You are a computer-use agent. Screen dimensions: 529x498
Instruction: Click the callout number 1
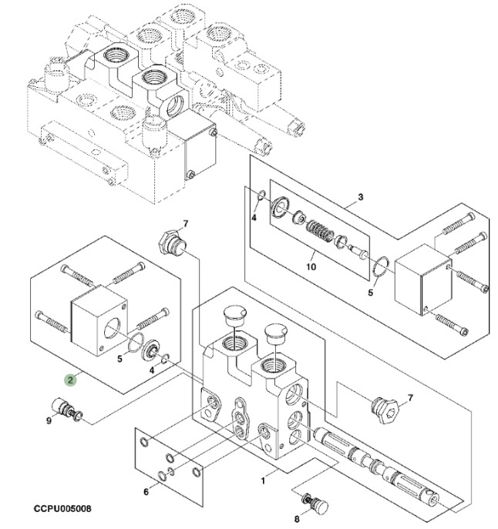[x=263, y=480]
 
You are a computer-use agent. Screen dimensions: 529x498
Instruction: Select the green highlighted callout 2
[x=69, y=378]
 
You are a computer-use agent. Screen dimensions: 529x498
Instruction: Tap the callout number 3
[x=360, y=197]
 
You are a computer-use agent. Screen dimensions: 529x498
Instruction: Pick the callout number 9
[x=49, y=420]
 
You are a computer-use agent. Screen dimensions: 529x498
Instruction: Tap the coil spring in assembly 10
[x=318, y=229]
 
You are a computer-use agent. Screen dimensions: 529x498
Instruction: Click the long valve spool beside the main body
[x=378, y=463]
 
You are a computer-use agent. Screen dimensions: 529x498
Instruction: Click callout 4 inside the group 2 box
[x=151, y=370]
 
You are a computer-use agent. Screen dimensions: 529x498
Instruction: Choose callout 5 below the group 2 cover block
[x=119, y=358]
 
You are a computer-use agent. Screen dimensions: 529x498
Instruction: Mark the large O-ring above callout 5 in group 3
[x=378, y=267]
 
